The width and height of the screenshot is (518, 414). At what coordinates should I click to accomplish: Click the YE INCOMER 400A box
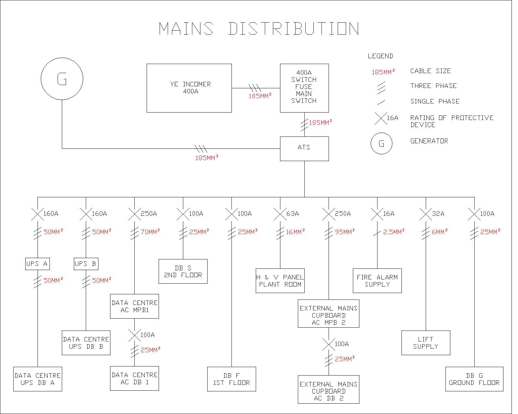(189, 88)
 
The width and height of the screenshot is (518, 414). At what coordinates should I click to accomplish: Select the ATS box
(304, 148)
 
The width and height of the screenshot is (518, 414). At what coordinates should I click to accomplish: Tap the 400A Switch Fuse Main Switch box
(304, 88)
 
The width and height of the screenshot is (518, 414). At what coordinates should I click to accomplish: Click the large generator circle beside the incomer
(62, 79)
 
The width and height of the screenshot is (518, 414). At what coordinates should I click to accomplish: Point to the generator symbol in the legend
(381, 144)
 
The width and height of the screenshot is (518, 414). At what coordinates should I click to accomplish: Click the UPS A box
(37, 264)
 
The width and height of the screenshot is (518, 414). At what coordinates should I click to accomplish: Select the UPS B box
(86, 264)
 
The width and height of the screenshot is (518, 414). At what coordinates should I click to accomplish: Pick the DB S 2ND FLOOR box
(183, 271)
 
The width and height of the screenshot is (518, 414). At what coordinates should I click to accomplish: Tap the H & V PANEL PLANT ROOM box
(280, 281)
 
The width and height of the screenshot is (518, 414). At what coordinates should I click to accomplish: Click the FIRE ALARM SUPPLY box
(377, 281)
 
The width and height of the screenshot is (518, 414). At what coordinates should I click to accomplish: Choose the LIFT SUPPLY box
(426, 343)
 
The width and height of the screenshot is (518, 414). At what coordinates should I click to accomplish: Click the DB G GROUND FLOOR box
(474, 379)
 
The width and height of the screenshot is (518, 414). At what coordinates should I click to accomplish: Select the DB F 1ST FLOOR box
(231, 379)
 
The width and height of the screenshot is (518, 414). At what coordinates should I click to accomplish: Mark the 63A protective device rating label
(293, 214)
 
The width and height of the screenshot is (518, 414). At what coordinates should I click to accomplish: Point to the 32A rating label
(438, 214)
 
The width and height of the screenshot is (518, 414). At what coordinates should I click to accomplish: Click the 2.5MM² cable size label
(394, 232)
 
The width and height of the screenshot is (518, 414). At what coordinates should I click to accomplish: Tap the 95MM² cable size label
(345, 232)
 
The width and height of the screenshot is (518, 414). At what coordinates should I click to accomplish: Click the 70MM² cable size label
(150, 232)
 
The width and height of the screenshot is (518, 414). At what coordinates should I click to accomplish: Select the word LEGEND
(380, 56)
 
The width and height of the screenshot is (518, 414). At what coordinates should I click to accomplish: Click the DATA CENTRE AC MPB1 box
(134, 306)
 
